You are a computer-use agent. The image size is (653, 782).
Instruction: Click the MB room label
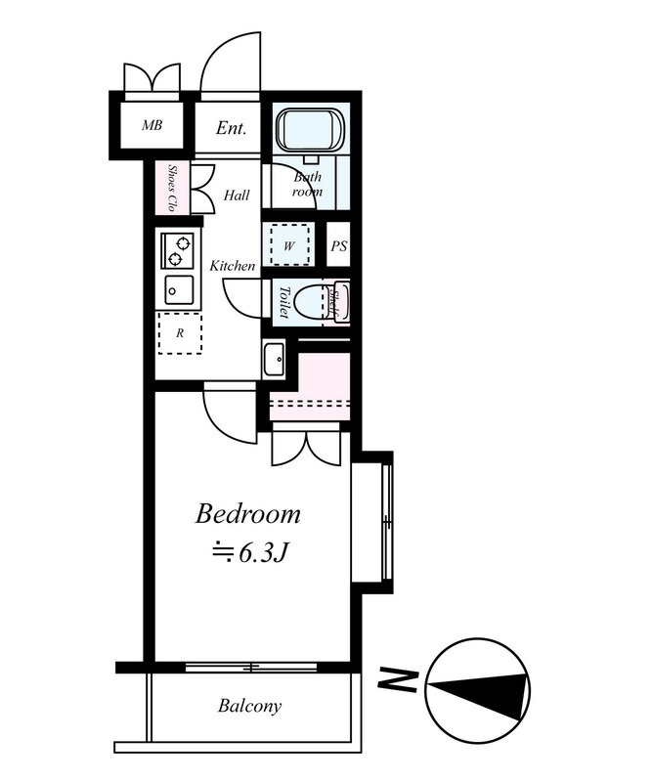coord(152,125)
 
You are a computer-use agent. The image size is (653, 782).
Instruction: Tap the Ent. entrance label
coord(231,128)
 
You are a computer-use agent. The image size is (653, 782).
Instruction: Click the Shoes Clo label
coord(172,188)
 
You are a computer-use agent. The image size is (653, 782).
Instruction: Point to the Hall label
coord(237,195)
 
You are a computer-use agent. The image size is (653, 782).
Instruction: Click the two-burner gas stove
coord(178,250)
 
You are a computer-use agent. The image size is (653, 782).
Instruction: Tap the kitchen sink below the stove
coord(179,290)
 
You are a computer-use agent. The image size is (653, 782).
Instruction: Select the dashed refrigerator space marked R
coord(180,333)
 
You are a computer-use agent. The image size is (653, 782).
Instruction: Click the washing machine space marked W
coord(289,245)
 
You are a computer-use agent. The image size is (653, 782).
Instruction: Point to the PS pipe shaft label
coord(339,246)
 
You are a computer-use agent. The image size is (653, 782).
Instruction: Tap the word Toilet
coord(284,302)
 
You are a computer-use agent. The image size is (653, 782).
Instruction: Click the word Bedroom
coord(248,515)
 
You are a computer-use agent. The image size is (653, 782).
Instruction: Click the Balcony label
coord(249,706)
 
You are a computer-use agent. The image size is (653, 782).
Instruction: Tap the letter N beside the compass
coord(397,680)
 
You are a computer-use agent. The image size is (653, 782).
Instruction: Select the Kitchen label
coord(232,266)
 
